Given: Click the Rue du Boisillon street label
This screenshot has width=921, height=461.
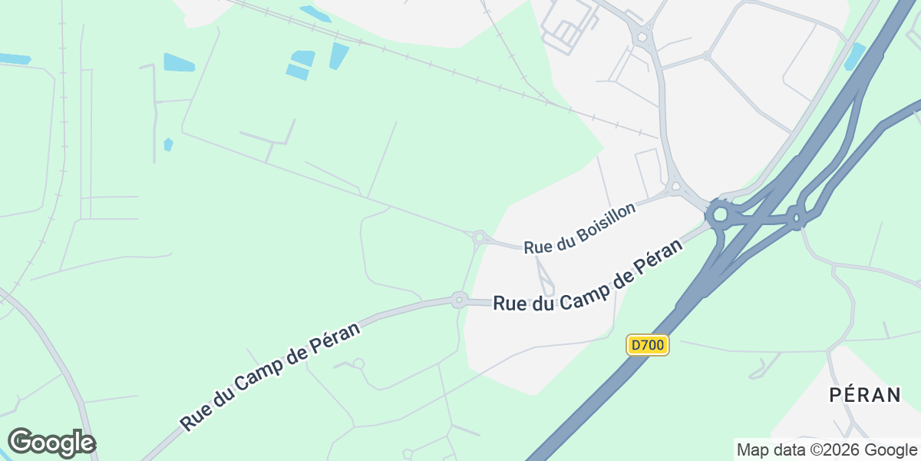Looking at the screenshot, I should (580, 228).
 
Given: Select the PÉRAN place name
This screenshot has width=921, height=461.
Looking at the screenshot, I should (865, 395).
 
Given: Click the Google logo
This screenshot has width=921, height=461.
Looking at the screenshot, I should (51, 443).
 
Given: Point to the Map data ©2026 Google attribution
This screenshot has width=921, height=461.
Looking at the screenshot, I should (827, 449).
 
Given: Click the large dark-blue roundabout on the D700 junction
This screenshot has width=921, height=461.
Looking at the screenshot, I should (720, 214).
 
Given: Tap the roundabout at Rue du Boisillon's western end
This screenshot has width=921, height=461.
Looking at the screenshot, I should (480, 238).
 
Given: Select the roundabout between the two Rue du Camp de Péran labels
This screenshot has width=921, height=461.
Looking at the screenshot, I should (459, 299).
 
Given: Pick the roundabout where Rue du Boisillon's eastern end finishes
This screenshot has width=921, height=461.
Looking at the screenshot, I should (675, 186).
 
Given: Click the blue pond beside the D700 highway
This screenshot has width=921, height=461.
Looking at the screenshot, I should (854, 55).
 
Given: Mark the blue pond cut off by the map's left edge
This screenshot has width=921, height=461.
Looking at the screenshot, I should (14, 58).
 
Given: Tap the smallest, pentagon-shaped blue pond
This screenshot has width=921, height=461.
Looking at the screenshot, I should (168, 144).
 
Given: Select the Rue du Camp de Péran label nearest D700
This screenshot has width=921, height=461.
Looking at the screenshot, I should (587, 277).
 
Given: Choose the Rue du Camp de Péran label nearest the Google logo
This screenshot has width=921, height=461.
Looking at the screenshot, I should (272, 382).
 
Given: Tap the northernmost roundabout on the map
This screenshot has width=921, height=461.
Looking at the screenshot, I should (639, 35).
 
